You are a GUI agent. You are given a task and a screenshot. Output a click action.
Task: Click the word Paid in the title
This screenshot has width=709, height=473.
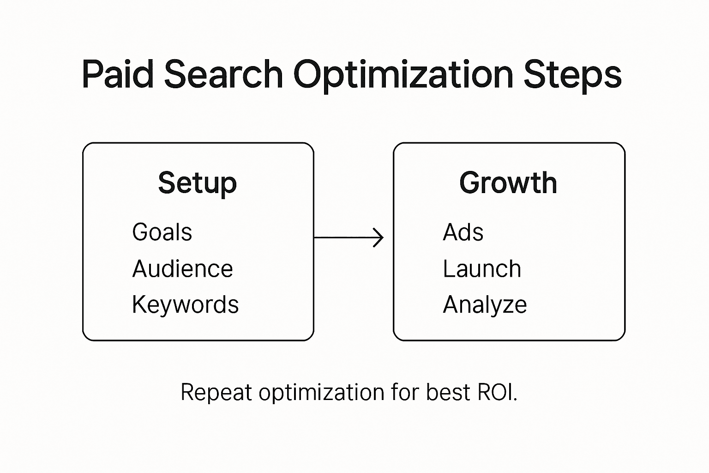pos(118,75)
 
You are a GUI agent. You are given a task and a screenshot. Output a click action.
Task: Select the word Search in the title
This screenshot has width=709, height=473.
pos(223,75)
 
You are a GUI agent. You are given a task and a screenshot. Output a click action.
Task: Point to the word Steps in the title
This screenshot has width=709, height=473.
pos(572,75)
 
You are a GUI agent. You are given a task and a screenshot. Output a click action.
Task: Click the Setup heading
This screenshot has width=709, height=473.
pos(198,183)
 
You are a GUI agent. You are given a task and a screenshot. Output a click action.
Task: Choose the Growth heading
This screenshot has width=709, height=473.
pos(508,183)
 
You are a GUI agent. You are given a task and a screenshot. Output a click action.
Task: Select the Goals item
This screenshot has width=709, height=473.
pos(162,232)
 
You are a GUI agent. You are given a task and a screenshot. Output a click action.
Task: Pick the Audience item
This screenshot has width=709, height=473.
pos(182,269)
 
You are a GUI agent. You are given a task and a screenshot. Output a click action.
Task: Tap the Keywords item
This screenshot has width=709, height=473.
pos(185,305)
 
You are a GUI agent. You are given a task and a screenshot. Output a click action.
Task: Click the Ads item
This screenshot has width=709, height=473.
pos(463,232)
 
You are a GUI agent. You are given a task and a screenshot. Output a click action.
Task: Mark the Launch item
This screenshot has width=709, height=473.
pos(482,269)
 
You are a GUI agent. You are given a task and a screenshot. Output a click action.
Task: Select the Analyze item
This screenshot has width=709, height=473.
pos(485,305)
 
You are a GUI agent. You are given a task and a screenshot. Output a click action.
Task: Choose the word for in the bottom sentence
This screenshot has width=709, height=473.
pos(405,393)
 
